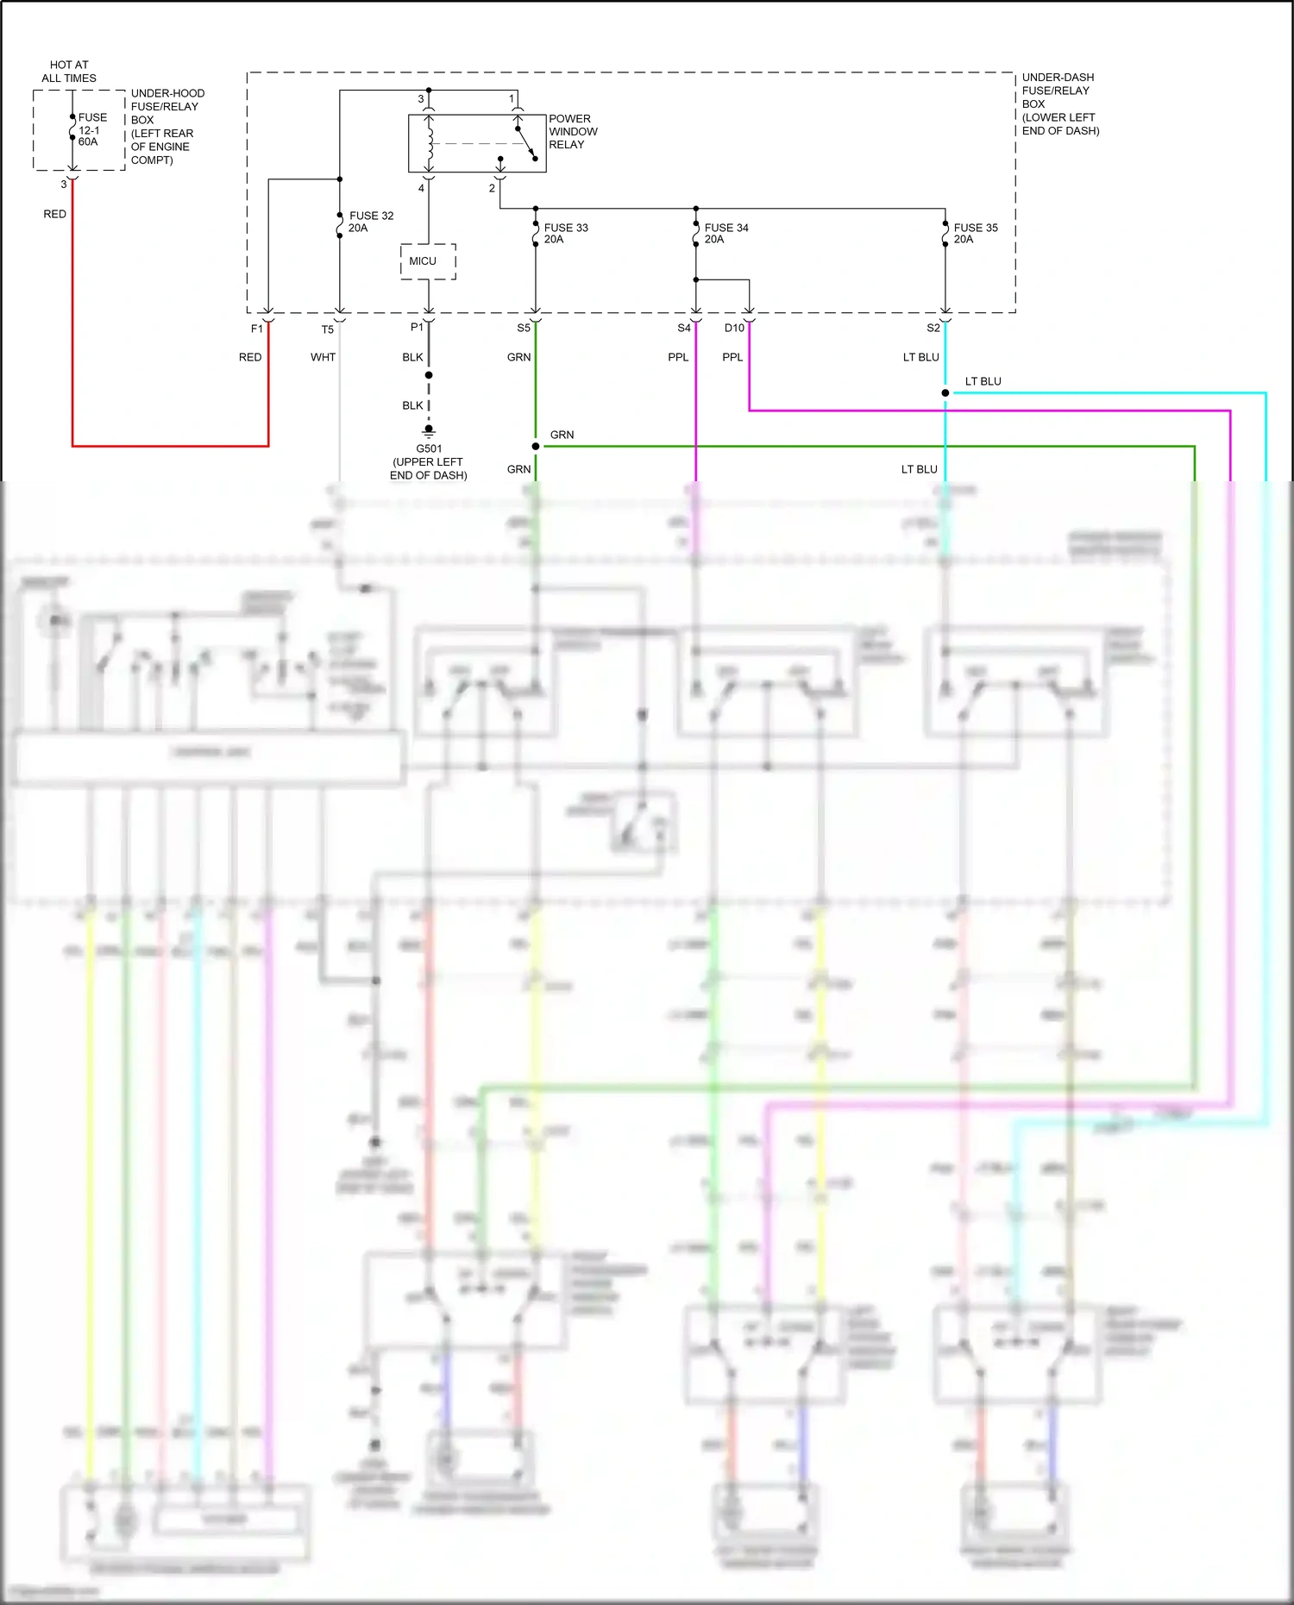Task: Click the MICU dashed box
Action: [x=427, y=261]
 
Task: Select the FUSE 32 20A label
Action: [x=371, y=222]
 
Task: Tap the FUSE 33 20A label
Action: [x=566, y=234]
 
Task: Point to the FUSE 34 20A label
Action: [x=726, y=234]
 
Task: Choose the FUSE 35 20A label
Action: [x=975, y=234]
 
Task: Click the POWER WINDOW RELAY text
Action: [x=573, y=132]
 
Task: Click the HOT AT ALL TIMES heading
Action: [x=69, y=72]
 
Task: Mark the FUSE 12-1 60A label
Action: [x=92, y=129]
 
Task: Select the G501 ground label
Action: [x=429, y=461]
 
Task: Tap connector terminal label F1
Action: [x=257, y=329]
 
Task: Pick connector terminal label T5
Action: [x=328, y=329]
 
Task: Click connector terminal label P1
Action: [x=417, y=327]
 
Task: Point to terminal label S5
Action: [x=524, y=328]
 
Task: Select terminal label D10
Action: [x=734, y=328]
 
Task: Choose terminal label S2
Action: [x=933, y=328]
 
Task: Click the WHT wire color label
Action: [x=323, y=357]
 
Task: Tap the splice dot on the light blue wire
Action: [x=945, y=392]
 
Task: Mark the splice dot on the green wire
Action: [x=536, y=446]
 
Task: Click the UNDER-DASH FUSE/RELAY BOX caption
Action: [x=1060, y=103]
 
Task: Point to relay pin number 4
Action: [x=422, y=188]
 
